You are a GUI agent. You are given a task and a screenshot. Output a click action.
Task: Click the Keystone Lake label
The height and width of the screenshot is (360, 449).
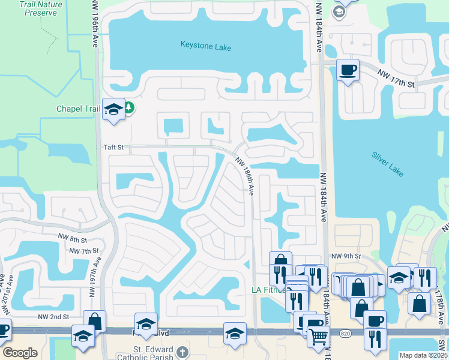point(206,45)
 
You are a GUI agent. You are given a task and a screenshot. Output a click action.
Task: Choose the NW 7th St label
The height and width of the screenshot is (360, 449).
point(83,250)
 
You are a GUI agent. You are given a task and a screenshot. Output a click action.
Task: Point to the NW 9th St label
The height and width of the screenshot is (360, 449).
point(345,256)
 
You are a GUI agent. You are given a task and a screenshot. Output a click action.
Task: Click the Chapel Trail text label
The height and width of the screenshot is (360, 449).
point(78,109)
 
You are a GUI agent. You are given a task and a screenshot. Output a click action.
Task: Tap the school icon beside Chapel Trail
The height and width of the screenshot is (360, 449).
point(113,109)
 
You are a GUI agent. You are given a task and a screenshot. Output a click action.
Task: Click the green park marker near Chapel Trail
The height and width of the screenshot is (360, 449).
point(129,109)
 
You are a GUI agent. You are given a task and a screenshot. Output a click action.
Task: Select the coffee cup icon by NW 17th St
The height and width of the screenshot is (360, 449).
point(348,70)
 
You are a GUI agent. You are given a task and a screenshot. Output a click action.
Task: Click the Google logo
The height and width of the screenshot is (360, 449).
point(20,353)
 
